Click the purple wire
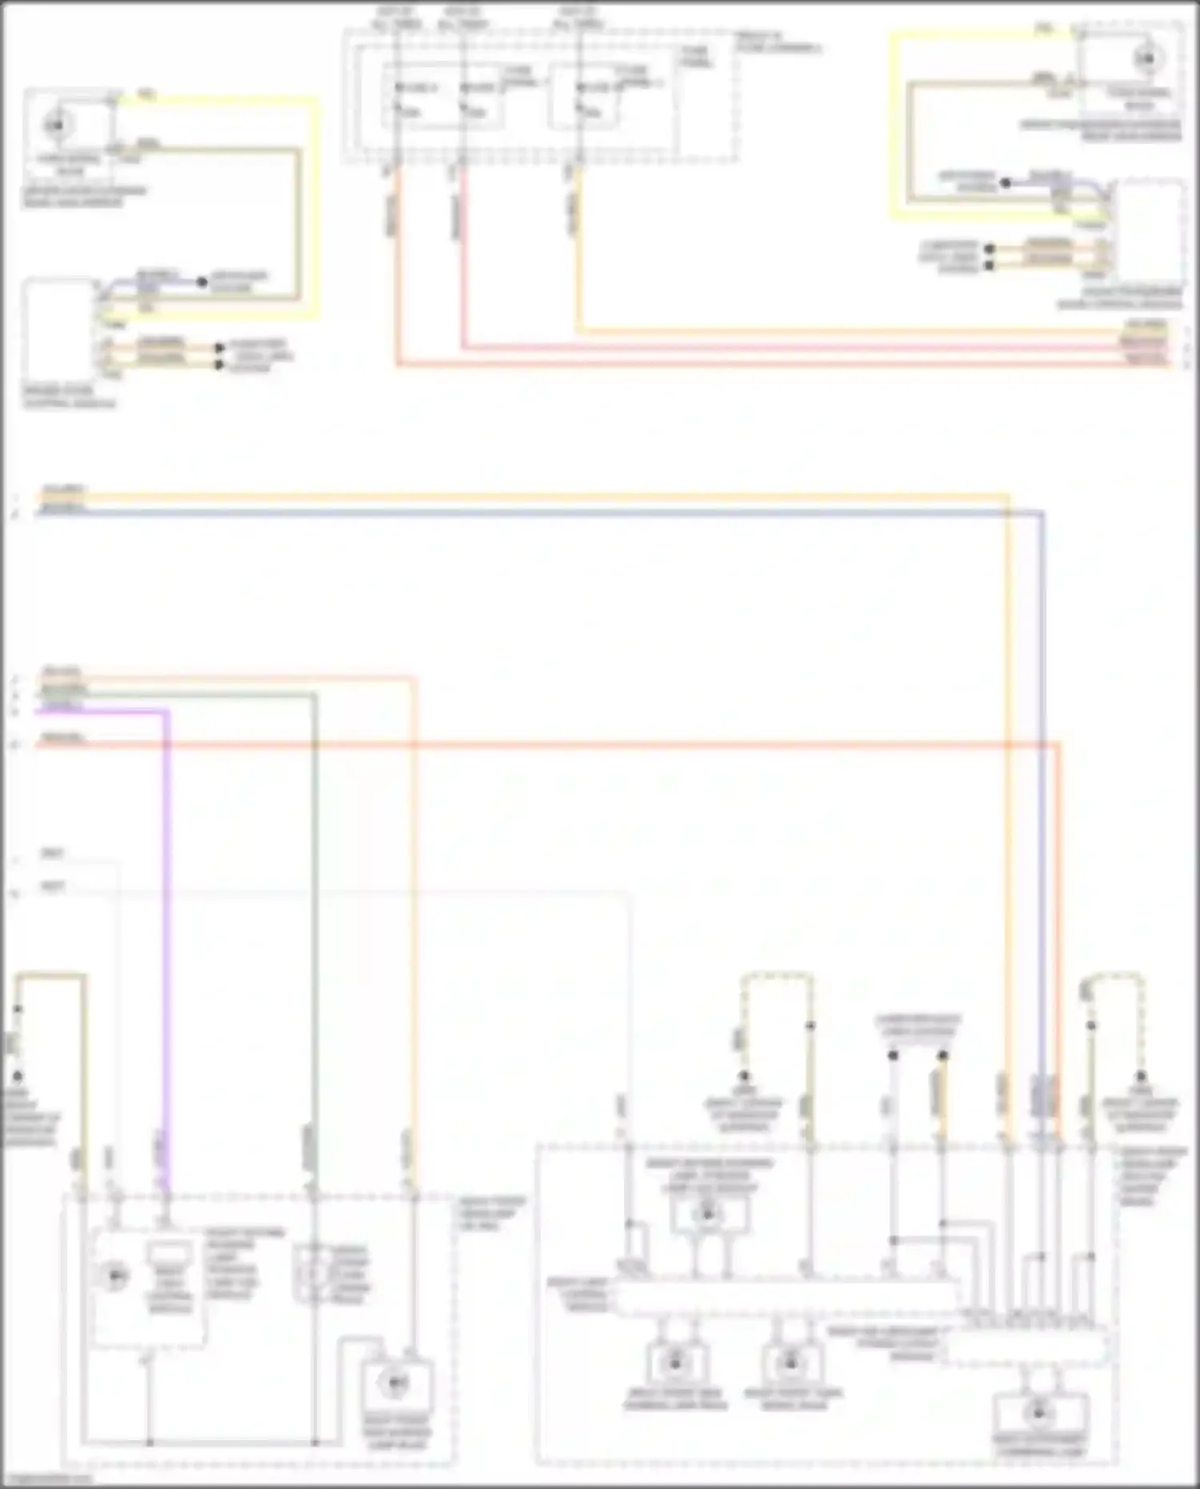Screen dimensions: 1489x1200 pyautogui.click(x=166, y=920)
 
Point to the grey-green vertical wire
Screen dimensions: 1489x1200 pyautogui.click(x=314, y=920)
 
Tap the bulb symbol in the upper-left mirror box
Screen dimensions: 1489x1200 pyautogui.click(x=56, y=125)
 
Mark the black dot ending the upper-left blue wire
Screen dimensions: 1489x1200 pyautogui.click(x=202, y=282)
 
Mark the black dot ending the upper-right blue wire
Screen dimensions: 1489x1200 pyautogui.click(x=1006, y=182)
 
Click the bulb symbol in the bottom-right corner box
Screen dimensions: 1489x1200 pyautogui.click(x=1038, y=1413)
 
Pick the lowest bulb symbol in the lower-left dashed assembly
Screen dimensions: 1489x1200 pyautogui.click(x=394, y=1381)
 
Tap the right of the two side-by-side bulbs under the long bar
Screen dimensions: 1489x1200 pyautogui.click(x=790, y=1361)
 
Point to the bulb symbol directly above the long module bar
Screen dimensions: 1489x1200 pyautogui.click(x=707, y=1215)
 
